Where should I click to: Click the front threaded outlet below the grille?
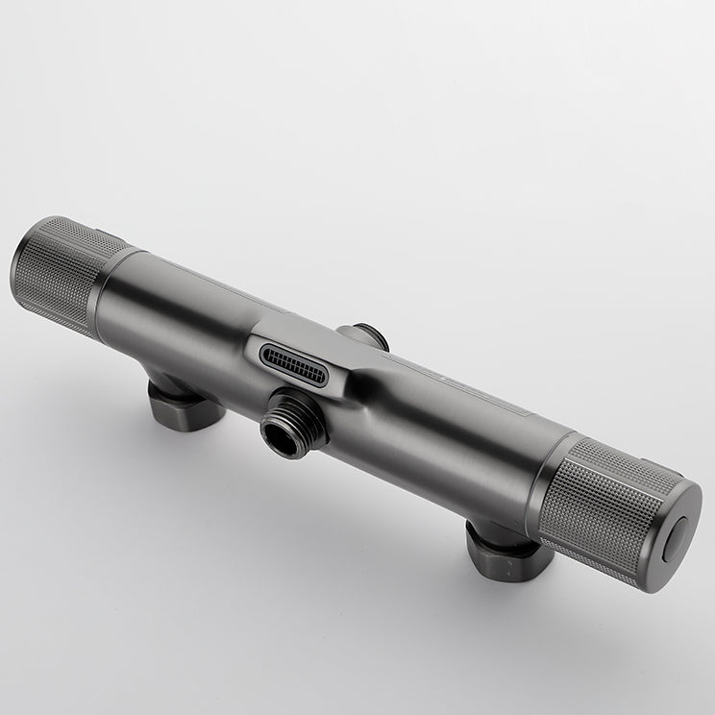coord(293,424)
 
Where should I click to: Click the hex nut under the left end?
coord(183,405)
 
